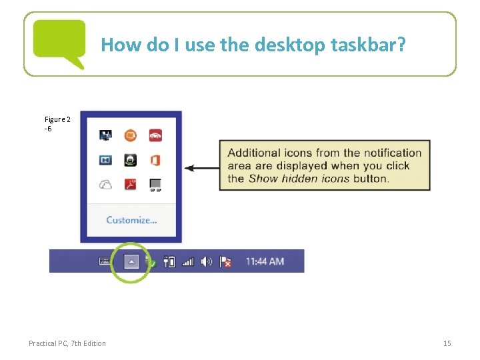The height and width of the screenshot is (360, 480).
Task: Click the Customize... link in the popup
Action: pyautogui.click(x=131, y=220)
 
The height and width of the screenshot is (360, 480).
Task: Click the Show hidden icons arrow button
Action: pyautogui.click(x=131, y=261)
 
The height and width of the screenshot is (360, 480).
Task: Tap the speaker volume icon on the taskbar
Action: pyautogui.click(x=207, y=261)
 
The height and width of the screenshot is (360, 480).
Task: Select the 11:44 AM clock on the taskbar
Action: pyautogui.click(x=265, y=261)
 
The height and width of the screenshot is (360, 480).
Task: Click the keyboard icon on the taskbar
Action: pyautogui.click(x=105, y=261)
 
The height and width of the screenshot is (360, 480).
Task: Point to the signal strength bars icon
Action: pyautogui.click(x=188, y=262)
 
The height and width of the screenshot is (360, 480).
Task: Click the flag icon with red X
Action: pyautogui.click(x=225, y=262)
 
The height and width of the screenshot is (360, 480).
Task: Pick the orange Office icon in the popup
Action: pyautogui.click(x=155, y=160)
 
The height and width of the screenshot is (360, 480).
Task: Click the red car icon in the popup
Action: pyautogui.click(x=155, y=135)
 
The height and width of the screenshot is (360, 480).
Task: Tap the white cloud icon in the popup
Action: pyautogui.click(x=106, y=185)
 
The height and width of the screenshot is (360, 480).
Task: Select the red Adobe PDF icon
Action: pyautogui.click(x=131, y=185)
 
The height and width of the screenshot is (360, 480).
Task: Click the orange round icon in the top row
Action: pyautogui.click(x=131, y=135)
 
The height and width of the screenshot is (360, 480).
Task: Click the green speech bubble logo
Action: pyautogui.click(x=60, y=42)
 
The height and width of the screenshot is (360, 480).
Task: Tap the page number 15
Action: pyautogui.click(x=447, y=343)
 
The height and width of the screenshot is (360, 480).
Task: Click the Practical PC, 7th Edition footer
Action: pyautogui.click(x=67, y=343)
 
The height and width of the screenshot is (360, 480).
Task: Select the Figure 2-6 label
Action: pyautogui.click(x=57, y=123)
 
